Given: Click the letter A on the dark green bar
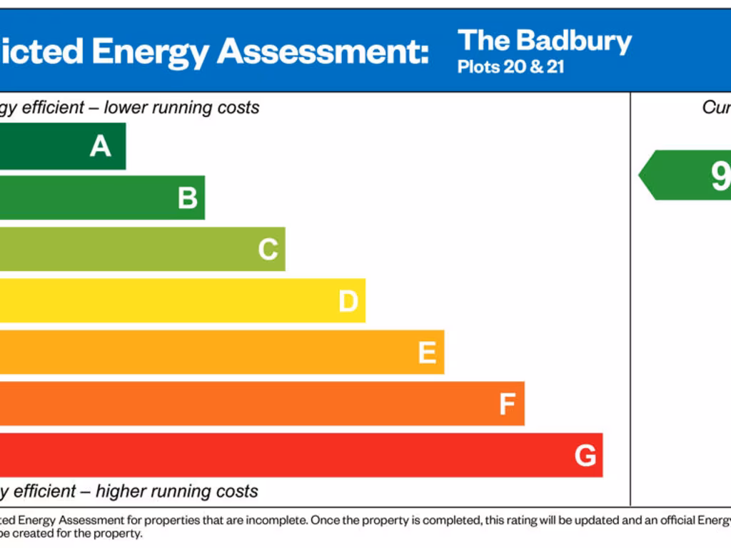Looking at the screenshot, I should click(101, 146).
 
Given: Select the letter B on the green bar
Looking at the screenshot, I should click(188, 198).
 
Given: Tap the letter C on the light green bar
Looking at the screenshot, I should click(268, 250).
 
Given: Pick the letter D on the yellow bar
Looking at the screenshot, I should click(348, 301).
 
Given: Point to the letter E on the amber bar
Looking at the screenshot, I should click(427, 352).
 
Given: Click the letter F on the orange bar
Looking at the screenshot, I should click(507, 405).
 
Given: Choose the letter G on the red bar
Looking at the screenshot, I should click(585, 455).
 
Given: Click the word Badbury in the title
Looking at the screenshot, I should click(574, 42).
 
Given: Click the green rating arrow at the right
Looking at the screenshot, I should click(685, 175).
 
